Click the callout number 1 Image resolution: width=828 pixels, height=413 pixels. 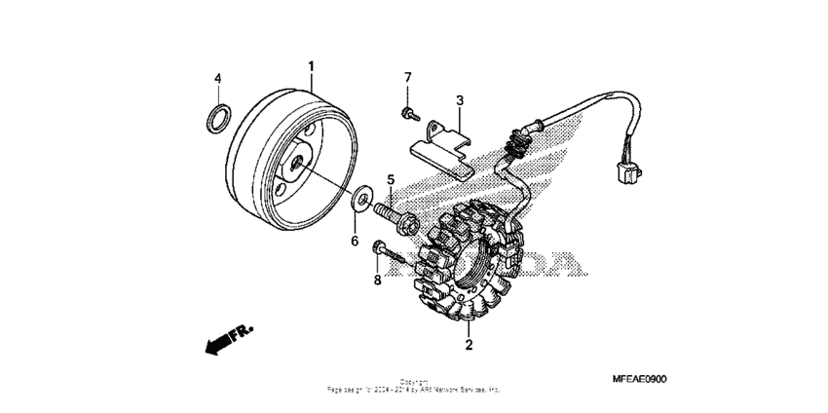tap(312, 66)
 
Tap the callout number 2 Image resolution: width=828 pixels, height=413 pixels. tap(469, 345)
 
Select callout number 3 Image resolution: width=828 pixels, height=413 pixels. tap(460, 100)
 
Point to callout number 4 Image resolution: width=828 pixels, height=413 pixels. tap(218, 77)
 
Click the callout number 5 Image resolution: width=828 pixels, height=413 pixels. tap(392, 180)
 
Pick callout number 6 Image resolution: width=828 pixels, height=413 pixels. tap(355, 240)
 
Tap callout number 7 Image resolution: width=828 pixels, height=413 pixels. tap(408, 77)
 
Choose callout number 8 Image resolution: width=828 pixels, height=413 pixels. tap(377, 281)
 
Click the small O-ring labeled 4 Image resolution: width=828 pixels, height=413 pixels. tap(220, 119)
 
